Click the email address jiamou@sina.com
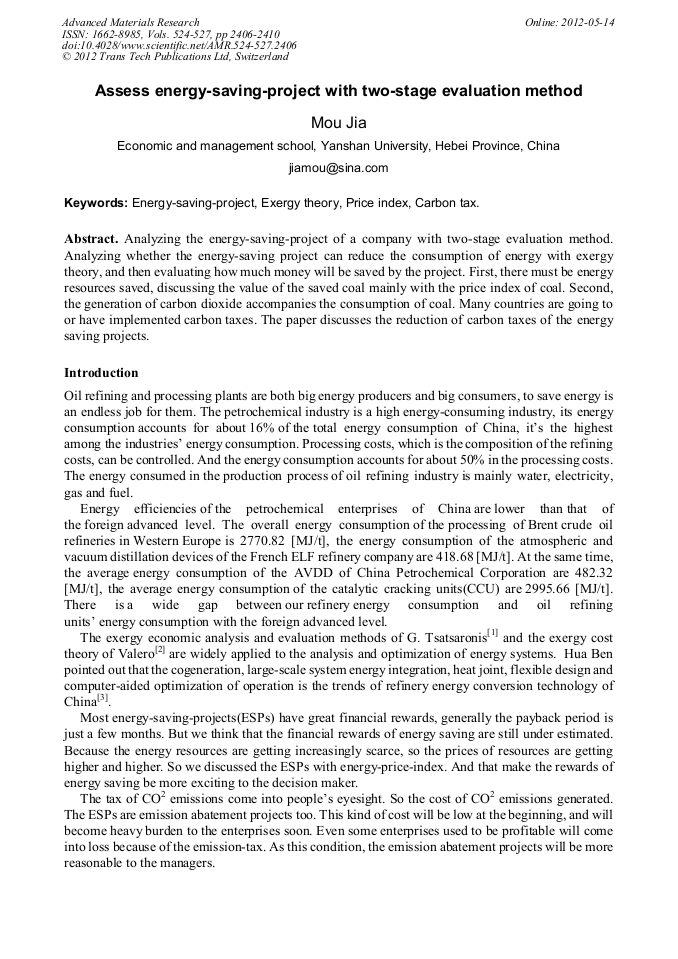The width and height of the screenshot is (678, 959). pyautogui.click(x=338, y=168)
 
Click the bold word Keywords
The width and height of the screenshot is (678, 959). pyautogui.click(x=95, y=202)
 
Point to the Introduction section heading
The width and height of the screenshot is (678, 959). pyautogui.click(x=101, y=373)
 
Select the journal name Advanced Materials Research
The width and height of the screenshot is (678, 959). pyautogui.click(x=130, y=22)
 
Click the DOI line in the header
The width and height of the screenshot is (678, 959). pyautogui.click(x=179, y=46)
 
